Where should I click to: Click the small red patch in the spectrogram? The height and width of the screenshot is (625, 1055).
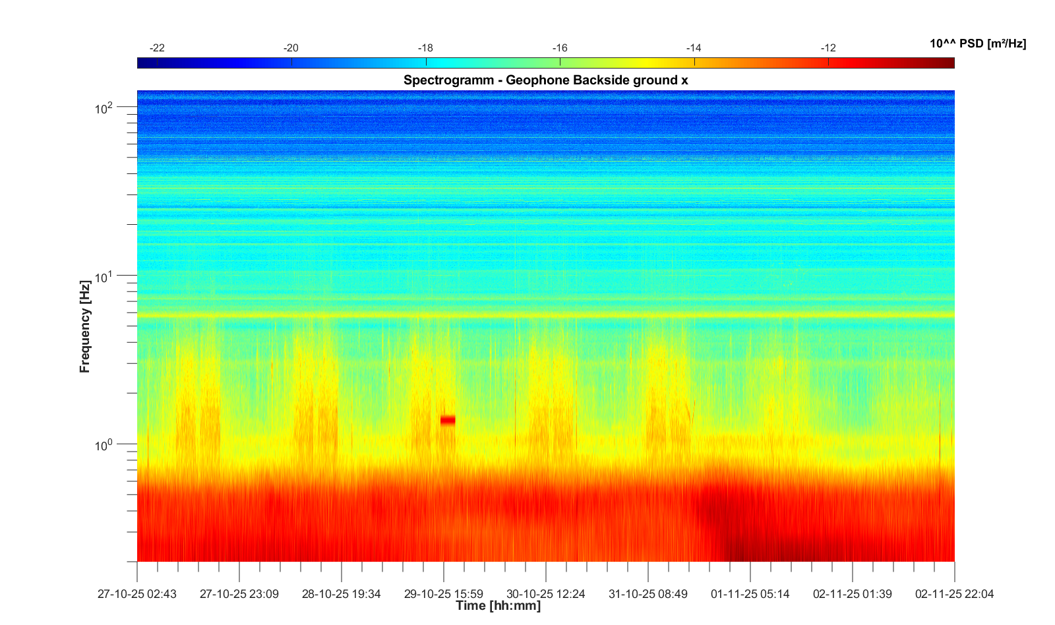tap(448, 420)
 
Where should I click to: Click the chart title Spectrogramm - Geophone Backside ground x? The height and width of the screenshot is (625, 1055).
tap(545, 80)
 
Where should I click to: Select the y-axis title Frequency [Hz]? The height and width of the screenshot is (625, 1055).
tap(84, 326)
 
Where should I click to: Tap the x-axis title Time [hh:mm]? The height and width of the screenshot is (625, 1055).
tap(498, 605)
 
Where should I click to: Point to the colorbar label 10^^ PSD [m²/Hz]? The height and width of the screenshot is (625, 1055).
tap(977, 44)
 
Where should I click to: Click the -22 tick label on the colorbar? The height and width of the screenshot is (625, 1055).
tap(157, 48)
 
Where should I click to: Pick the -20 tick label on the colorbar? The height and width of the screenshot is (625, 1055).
tap(291, 48)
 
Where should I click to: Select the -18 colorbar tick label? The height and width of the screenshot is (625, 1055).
tap(425, 48)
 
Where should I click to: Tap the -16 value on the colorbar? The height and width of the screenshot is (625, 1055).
tap(560, 48)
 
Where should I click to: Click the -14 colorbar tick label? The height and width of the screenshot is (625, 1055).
tap(694, 48)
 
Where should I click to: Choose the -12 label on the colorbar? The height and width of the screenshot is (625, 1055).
tap(828, 48)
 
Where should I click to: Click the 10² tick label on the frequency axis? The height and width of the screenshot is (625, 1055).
tap(104, 107)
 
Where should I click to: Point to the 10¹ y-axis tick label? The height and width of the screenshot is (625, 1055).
tap(104, 277)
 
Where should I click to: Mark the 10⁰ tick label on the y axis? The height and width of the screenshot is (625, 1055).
tap(104, 446)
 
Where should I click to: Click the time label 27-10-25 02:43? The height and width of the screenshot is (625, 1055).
tap(137, 594)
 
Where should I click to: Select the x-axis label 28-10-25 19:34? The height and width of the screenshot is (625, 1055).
tap(341, 594)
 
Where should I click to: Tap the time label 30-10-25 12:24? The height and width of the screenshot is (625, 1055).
tap(545, 594)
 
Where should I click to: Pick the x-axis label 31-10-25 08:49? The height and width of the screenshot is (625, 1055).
tap(648, 594)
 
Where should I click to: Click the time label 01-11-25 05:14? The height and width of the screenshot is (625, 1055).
tap(750, 594)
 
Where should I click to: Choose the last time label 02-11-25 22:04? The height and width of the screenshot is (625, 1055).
tap(954, 594)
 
